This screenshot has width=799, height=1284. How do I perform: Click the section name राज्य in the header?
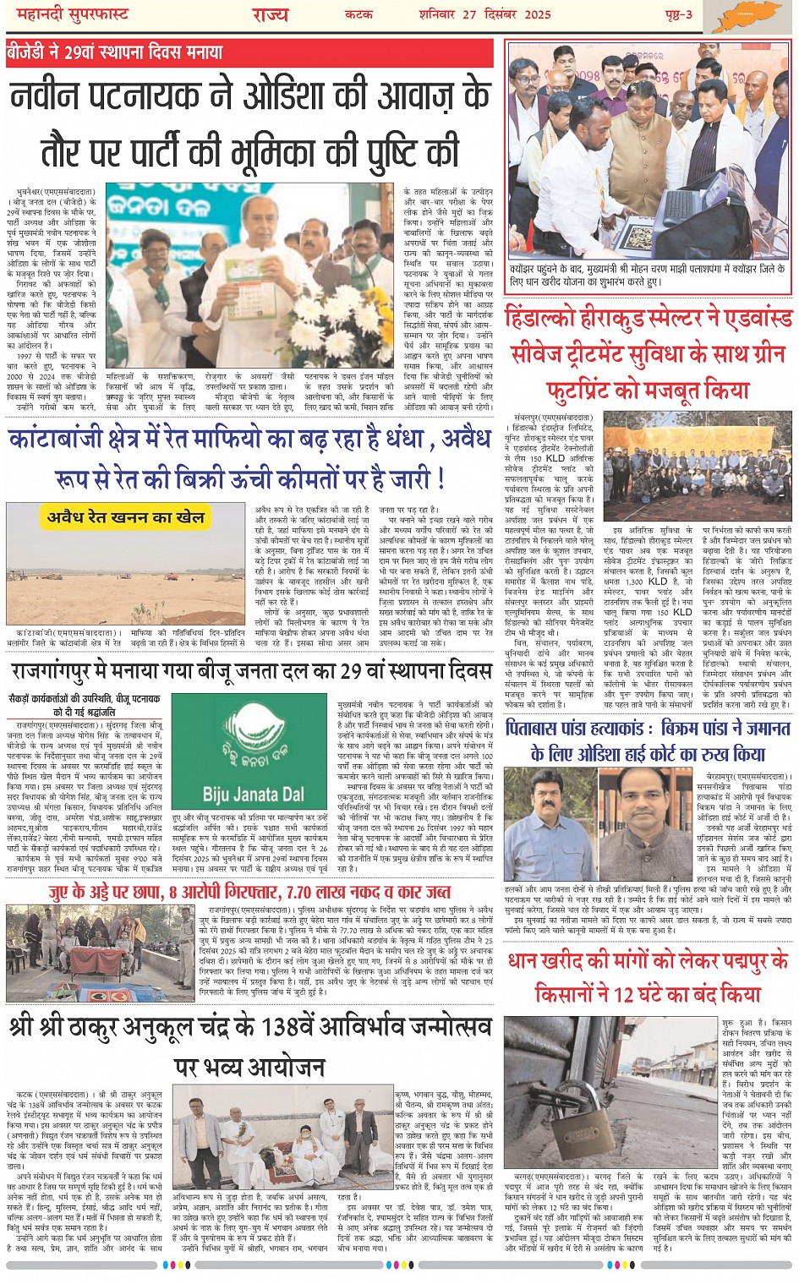tap(270, 15)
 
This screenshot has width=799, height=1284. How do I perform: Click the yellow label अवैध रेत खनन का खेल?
tap(127, 517)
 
